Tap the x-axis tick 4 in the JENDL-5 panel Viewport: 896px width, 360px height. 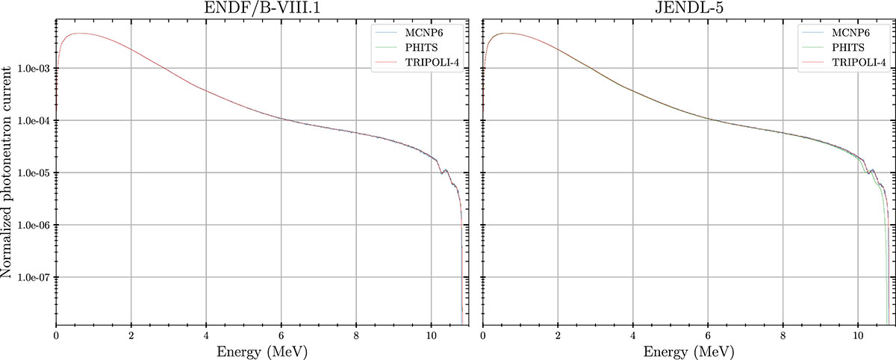point(633,335)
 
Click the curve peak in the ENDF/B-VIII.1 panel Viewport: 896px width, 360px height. point(80,33)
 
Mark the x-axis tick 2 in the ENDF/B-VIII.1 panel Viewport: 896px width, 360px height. point(131,335)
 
